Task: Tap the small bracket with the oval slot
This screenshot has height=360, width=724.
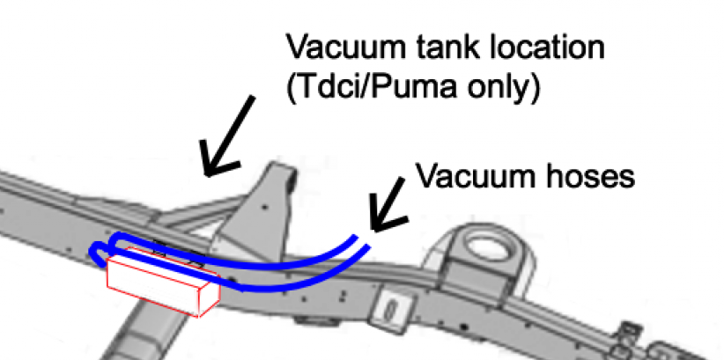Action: point(387,309)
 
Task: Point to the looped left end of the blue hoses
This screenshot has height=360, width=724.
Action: point(99,251)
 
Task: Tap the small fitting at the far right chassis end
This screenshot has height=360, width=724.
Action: point(627,332)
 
